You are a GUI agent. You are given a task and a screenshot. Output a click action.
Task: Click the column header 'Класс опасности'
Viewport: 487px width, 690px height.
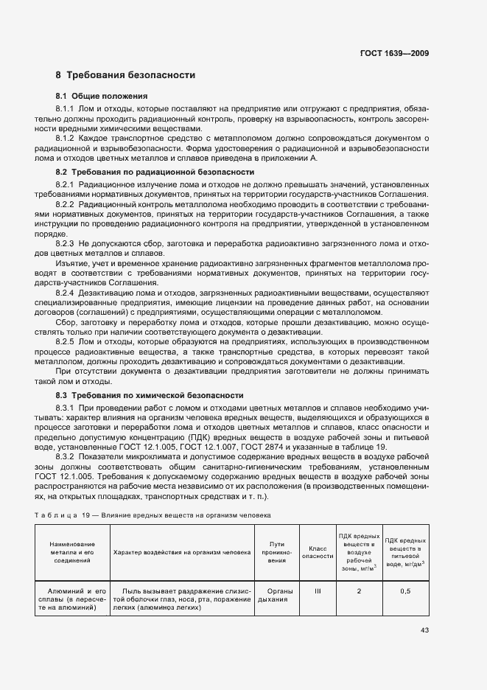coord(318,553)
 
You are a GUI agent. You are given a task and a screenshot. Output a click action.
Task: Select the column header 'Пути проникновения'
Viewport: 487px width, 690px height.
coord(277,553)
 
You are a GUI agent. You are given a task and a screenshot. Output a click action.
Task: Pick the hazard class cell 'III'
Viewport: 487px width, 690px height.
coord(318,591)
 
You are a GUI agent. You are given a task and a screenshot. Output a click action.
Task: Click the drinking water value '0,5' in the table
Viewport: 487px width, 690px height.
coord(405,591)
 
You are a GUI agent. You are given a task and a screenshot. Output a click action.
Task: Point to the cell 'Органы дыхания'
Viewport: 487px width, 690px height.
coord(277,596)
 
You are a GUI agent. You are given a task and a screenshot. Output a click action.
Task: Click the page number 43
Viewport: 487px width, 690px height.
coord(424,630)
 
